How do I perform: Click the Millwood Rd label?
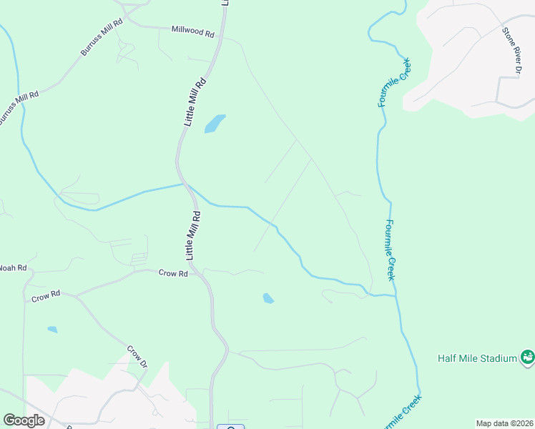[x=193, y=32]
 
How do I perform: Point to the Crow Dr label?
[x=137, y=357]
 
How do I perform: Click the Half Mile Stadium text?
[x=477, y=358]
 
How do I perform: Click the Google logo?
[x=24, y=420]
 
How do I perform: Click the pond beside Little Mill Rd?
[x=215, y=124]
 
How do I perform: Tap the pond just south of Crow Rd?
[x=268, y=298]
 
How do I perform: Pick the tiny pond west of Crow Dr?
[x=52, y=330]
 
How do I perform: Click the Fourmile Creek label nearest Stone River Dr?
[x=394, y=82]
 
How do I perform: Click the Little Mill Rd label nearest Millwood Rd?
[x=195, y=102]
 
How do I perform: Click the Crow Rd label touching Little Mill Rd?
[x=173, y=273]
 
